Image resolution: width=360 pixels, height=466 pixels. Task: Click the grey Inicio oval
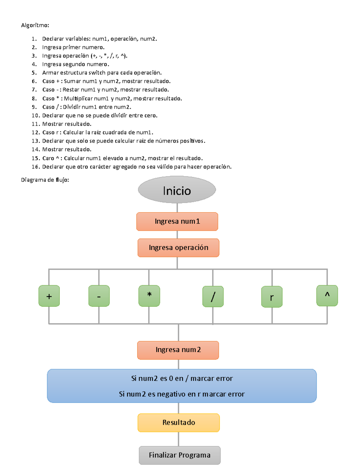pos(177,190)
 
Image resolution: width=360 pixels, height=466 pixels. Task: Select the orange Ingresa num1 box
pos(177,221)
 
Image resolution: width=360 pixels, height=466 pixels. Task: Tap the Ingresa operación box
pos(178,248)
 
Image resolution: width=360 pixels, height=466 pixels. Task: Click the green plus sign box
pos(49,296)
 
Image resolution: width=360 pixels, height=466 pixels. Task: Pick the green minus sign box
pos(99,296)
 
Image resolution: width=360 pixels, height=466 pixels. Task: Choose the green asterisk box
pos(149,296)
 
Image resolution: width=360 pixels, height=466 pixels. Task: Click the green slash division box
pos(213,296)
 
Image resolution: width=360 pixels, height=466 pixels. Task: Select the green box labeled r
pos(272,297)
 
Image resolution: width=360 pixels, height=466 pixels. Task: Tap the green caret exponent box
pos(327,296)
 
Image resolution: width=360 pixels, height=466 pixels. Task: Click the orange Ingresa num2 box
pos(178,350)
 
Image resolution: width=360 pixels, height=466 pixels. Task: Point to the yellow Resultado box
pos(179,422)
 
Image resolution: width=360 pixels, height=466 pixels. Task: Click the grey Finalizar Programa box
pos(180,455)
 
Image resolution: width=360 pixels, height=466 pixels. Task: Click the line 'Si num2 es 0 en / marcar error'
pos(182,378)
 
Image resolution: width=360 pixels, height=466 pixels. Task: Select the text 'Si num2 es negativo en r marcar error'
pos(182,394)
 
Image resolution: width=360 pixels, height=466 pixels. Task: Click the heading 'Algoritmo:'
pos(35,25)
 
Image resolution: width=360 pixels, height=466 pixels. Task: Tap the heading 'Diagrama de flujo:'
pos(45,180)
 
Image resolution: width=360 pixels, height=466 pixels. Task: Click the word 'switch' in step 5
pos(97,73)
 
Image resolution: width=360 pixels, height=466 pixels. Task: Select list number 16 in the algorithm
pos(35,167)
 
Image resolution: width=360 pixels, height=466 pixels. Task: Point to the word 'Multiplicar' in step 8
pos(78,98)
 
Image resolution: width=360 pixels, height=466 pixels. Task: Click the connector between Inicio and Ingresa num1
pos(177,208)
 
